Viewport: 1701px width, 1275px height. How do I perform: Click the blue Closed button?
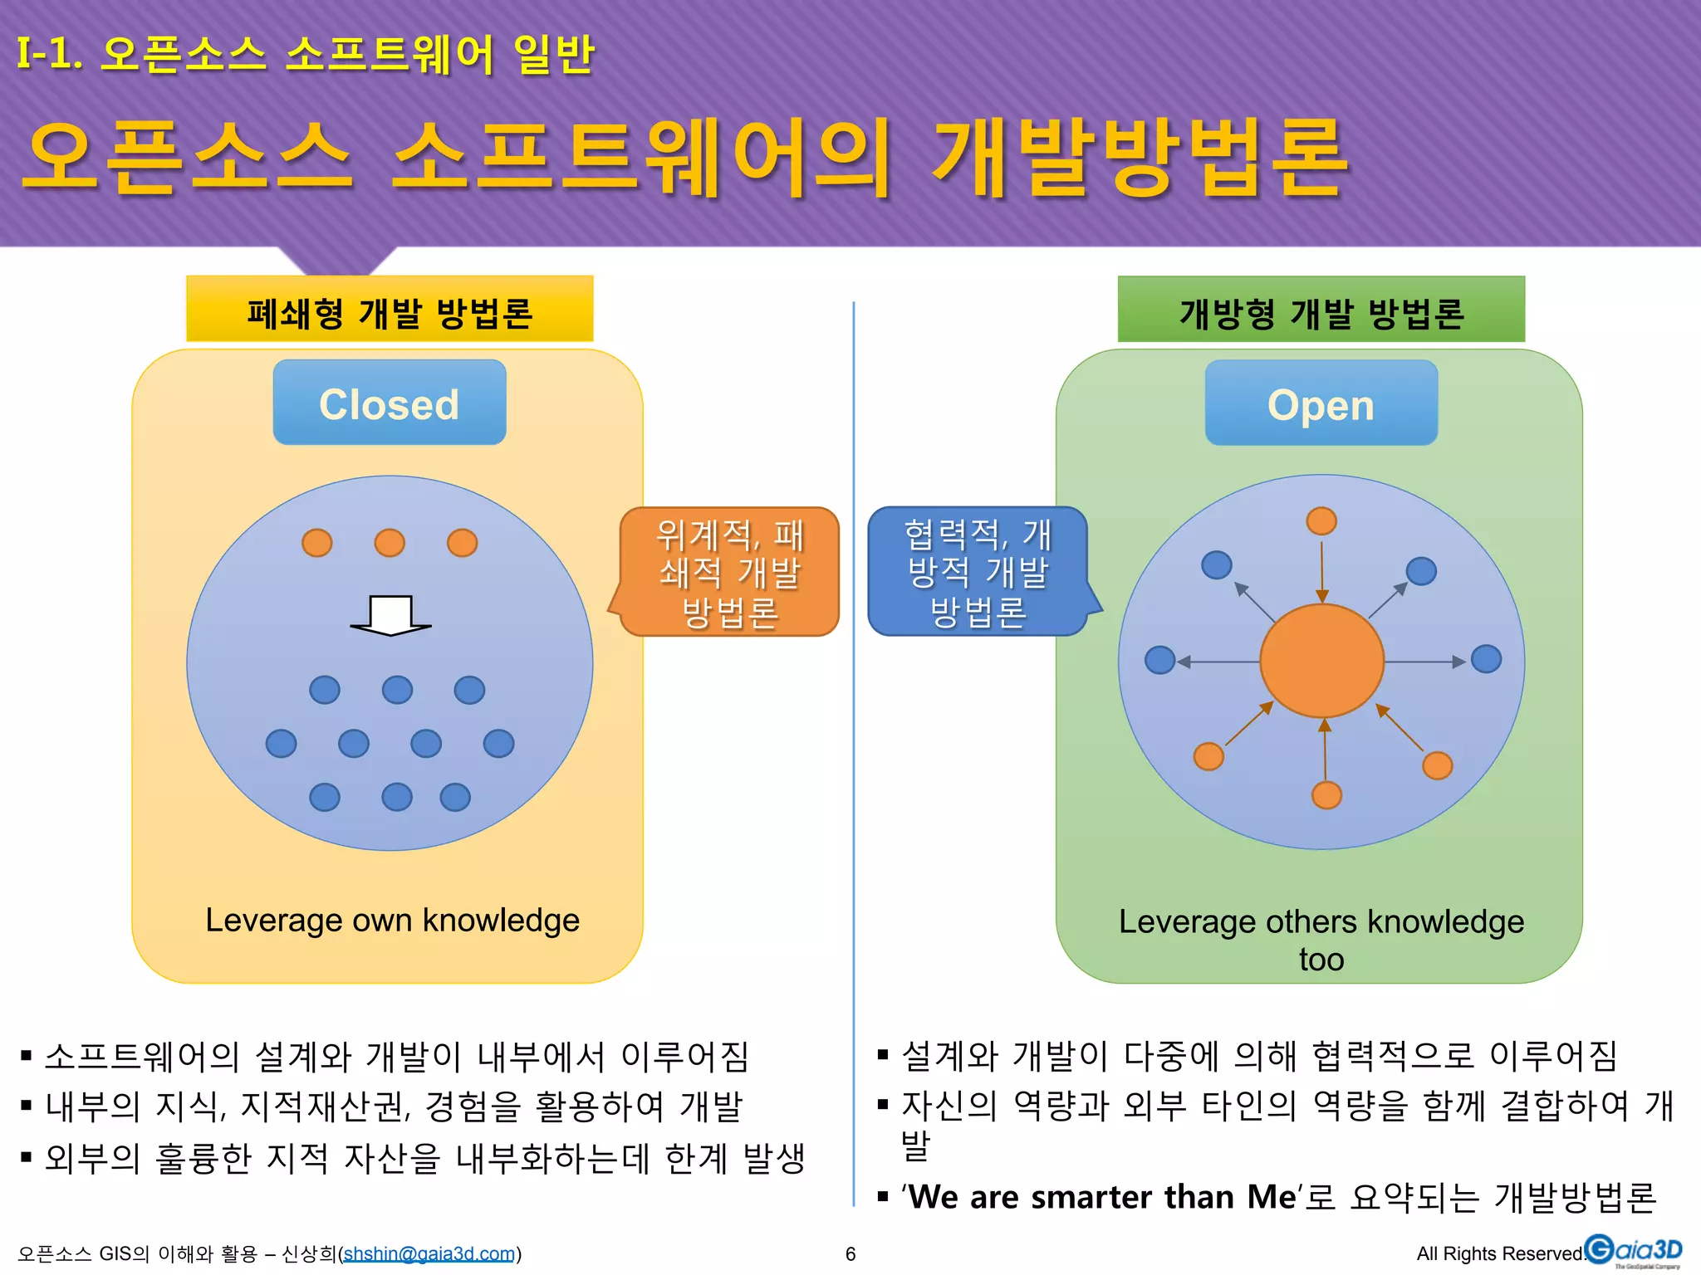pos(389,403)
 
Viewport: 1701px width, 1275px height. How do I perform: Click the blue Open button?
pos(1321,403)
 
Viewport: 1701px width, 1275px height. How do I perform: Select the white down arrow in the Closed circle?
pos(390,615)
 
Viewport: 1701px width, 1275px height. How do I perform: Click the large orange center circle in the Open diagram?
pos(1321,661)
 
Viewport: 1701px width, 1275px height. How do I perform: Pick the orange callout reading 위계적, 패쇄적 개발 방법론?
pos(729,573)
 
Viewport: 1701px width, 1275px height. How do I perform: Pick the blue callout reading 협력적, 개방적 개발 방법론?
pos(978,573)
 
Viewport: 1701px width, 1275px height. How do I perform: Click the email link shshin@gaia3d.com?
pos(429,1253)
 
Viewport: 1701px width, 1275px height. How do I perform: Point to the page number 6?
pos(850,1253)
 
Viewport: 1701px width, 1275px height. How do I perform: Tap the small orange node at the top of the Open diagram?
pos(1321,521)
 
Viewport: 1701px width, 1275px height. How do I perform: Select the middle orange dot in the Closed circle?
pos(390,543)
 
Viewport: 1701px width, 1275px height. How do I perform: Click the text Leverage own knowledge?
pos(392,921)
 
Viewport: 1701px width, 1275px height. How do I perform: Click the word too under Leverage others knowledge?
pos(1321,960)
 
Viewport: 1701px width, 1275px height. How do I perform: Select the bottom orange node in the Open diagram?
pos(1326,794)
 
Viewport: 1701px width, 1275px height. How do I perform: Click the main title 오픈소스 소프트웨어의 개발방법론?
pos(685,158)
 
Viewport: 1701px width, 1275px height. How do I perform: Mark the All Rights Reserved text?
pos(1498,1253)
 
